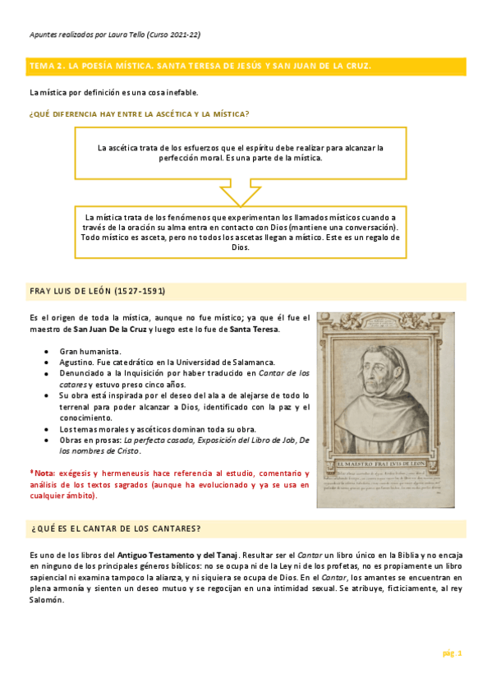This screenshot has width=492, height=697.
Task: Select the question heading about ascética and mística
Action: pos(139,113)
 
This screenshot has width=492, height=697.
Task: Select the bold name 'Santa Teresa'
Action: pos(254,330)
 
